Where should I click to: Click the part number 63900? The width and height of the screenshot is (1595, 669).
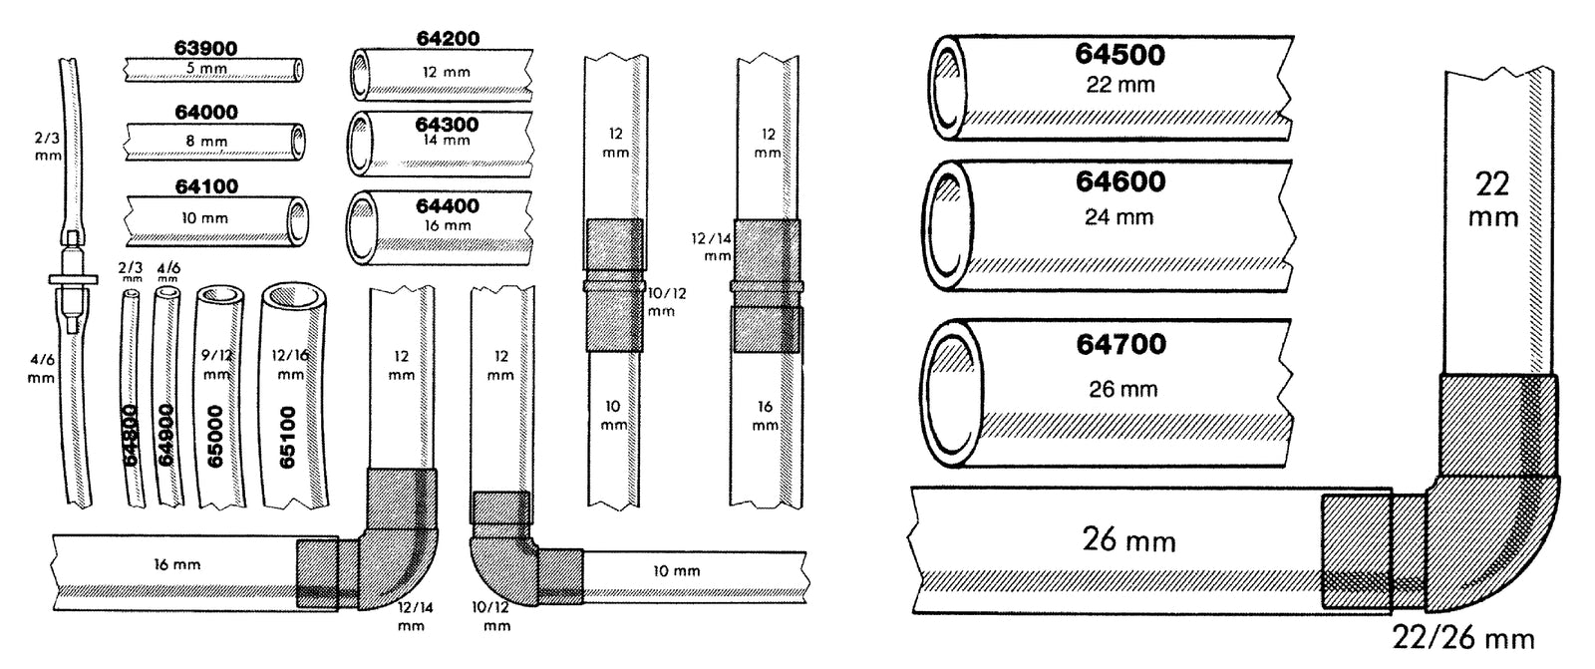click(x=205, y=49)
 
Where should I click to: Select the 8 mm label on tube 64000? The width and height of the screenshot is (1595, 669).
click(x=206, y=141)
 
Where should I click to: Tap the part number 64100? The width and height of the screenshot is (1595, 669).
click(x=206, y=186)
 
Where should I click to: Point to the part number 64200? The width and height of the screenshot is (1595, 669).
click(x=448, y=39)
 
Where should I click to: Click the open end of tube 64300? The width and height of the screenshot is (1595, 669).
click(x=360, y=144)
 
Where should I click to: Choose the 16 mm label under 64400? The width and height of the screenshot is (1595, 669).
click(x=448, y=226)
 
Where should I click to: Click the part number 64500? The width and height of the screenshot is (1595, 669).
click(x=1120, y=54)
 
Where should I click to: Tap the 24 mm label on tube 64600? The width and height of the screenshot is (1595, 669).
click(x=1119, y=216)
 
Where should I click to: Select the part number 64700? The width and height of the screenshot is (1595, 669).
click(x=1120, y=344)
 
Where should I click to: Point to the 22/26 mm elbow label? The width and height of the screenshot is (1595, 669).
click(x=1463, y=638)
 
